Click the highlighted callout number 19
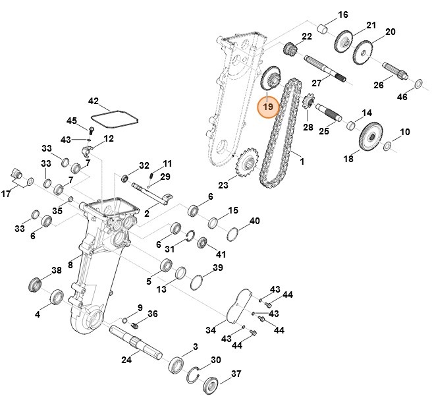(x=268, y=105)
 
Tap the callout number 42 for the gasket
(x=93, y=102)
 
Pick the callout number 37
(x=236, y=376)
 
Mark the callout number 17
(x=5, y=194)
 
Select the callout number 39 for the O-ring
(x=217, y=268)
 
